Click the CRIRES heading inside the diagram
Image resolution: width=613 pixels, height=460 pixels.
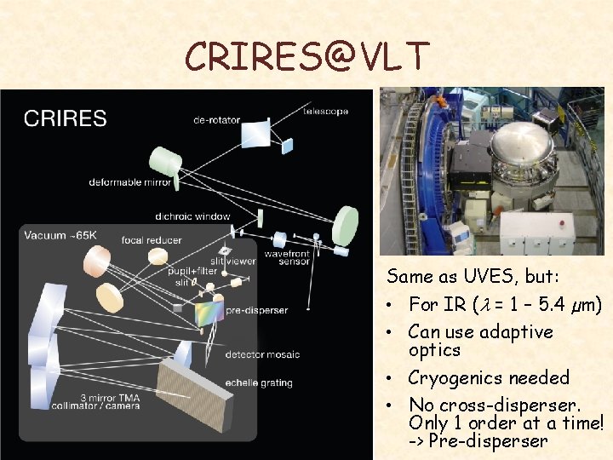pos(66,118)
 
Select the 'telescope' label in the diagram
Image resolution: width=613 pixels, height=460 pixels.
pos(327,111)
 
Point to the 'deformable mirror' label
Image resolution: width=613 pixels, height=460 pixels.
pos(130,181)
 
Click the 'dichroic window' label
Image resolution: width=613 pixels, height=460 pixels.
pos(192,216)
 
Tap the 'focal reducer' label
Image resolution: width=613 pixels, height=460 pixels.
pos(152,240)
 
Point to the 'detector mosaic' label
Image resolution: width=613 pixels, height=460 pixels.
pos(262,354)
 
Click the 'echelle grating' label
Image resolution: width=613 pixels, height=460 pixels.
pos(259,383)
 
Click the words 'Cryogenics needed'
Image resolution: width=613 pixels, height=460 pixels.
pos(489,377)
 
